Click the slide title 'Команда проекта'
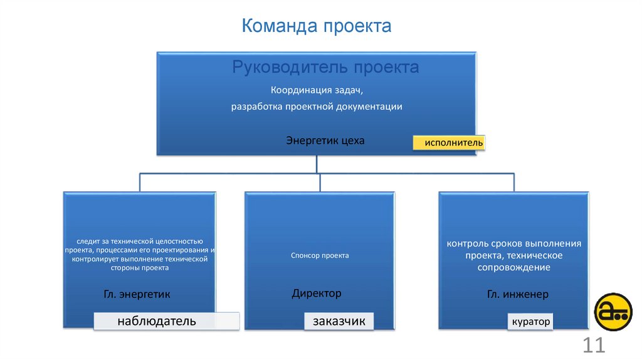tap(317, 26)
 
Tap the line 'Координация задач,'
tap(317, 91)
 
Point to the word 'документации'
tap(375, 107)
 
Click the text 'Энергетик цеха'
tap(325, 140)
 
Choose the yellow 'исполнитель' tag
tap(449, 143)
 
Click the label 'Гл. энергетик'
tap(137, 294)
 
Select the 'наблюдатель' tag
tap(157, 321)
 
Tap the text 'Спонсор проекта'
tap(320, 255)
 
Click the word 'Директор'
tap(317, 293)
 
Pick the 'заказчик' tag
tap(339, 321)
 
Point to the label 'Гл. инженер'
tap(518, 294)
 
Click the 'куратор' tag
tap(531, 322)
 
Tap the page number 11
tap(593, 345)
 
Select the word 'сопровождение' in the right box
tap(513, 268)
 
